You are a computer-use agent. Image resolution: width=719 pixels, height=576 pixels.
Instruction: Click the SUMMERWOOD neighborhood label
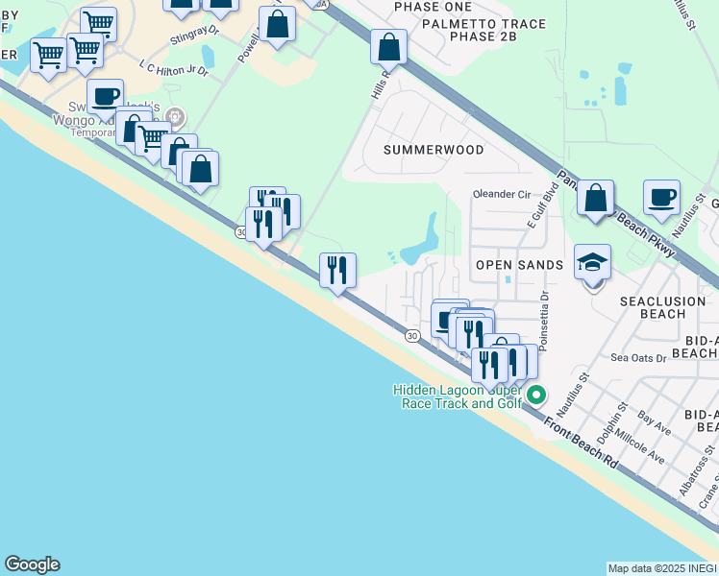point(434,150)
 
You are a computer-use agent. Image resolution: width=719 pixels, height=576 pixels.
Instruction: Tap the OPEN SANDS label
point(519,264)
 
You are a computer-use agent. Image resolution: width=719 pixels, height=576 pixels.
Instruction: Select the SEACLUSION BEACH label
point(665,307)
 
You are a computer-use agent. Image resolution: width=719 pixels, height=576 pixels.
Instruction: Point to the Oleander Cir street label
point(502,194)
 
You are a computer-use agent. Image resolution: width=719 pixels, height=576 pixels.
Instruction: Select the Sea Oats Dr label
point(638,357)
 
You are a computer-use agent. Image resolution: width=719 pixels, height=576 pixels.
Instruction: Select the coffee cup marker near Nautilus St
point(660,198)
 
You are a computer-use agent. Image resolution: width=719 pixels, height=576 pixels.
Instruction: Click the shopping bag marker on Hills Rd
point(388,46)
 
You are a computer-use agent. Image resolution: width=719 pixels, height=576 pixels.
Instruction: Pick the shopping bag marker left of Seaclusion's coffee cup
point(596,199)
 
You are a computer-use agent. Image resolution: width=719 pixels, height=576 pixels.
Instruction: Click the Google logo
point(32,564)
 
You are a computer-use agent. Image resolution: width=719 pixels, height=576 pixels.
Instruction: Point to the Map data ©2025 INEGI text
point(661,568)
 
